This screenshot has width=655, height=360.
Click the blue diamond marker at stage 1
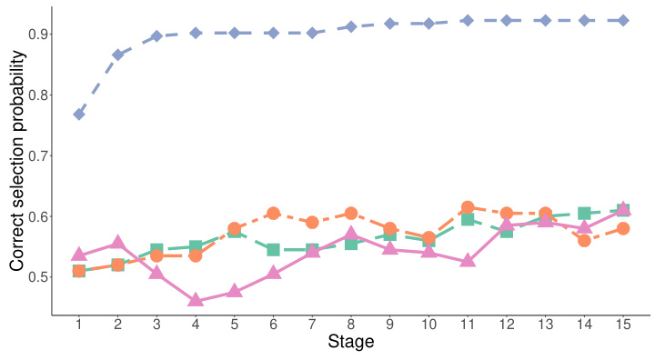(x=79, y=115)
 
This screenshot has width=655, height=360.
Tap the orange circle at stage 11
(x=468, y=207)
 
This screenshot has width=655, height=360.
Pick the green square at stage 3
(x=156, y=250)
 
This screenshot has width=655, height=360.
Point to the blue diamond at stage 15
(x=623, y=20)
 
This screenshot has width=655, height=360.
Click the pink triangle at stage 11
(x=468, y=260)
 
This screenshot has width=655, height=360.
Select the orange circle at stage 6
(x=273, y=214)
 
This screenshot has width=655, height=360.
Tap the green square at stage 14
(x=584, y=214)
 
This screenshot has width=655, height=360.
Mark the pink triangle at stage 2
(x=118, y=243)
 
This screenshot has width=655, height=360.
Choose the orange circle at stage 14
(x=584, y=240)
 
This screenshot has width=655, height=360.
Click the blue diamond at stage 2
(x=118, y=55)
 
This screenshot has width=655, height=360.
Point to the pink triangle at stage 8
(x=351, y=235)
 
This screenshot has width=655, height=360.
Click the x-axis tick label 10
(x=428, y=325)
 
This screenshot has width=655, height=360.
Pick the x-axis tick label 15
(x=623, y=325)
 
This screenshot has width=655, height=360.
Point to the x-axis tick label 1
(x=79, y=325)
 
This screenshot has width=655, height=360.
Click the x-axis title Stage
(x=350, y=345)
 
